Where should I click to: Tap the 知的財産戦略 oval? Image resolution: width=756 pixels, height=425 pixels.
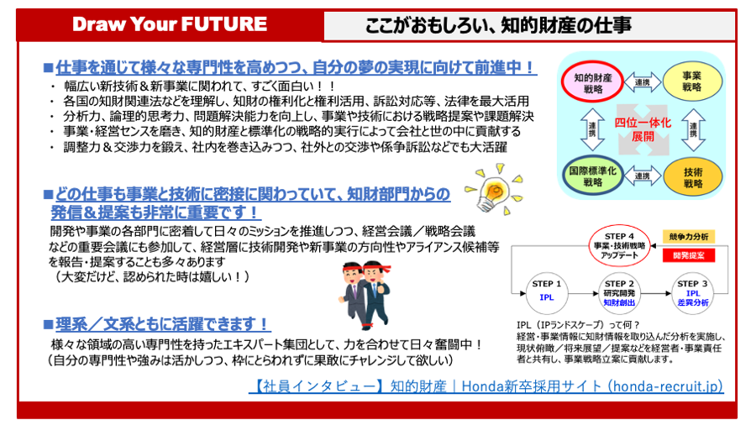[593, 83]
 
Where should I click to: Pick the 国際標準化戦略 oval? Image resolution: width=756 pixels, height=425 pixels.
[593, 175]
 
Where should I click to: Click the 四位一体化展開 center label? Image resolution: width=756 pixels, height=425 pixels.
[641, 129]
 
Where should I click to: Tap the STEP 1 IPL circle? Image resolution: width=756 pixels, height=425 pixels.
[546, 291]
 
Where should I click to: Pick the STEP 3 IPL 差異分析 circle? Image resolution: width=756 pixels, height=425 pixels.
[693, 291]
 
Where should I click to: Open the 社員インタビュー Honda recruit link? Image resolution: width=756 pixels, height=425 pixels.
[486, 386]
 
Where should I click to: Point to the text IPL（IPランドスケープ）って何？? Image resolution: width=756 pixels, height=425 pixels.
[579, 325]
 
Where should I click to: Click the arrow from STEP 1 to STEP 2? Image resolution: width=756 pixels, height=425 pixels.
[583, 291]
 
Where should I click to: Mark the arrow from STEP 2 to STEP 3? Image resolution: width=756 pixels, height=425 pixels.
[656, 291]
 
